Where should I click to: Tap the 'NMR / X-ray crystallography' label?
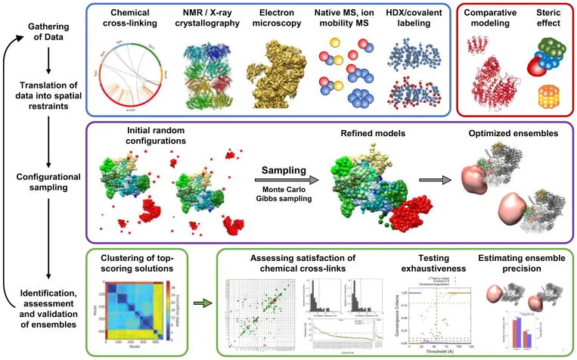pyautogui.click(x=209, y=20)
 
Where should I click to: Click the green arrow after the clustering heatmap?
pyautogui.click(x=198, y=305)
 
